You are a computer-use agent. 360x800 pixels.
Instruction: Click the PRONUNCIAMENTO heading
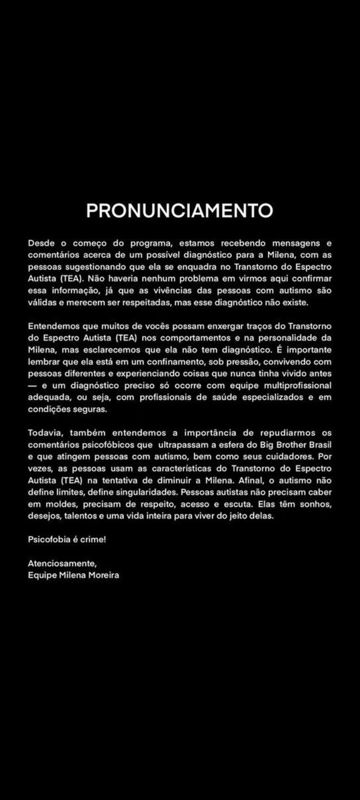[179, 210]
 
